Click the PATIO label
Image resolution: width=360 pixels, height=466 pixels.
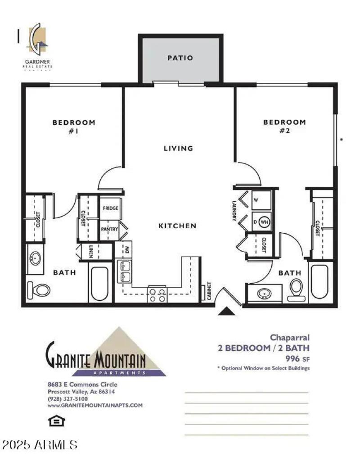[x=180, y=58]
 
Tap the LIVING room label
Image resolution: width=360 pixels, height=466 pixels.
[x=178, y=148]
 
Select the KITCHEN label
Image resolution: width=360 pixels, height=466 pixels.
[x=177, y=226]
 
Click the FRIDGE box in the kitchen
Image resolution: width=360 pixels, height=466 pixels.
[x=111, y=208]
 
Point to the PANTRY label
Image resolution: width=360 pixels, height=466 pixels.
[x=110, y=229]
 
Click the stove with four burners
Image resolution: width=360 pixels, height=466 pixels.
[x=157, y=294]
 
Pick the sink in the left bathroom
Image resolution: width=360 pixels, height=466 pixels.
[x=36, y=259]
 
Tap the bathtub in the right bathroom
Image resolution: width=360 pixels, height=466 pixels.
[x=320, y=281]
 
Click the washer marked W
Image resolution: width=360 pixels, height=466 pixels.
[x=260, y=199]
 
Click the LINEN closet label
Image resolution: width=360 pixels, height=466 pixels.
[x=90, y=251]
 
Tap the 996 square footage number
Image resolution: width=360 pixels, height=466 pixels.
[x=293, y=359]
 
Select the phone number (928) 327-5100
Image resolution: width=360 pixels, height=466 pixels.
[x=67, y=398]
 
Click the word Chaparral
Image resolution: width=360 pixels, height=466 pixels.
[x=289, y=337]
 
